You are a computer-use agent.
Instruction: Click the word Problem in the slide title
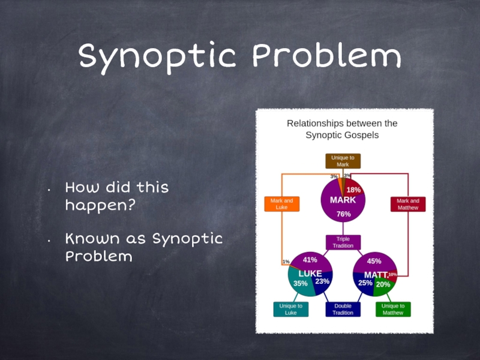pyautogui.click(x=327, y=57)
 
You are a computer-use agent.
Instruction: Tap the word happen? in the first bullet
pyautogui.click(x=100, y=205)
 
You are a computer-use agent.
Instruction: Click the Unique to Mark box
pyautogui.click(x=343, y=161)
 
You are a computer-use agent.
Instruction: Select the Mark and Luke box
pyautogui.click(x=281, y=204)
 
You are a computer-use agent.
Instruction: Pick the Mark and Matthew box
pyautogui.click(x=407, y=204)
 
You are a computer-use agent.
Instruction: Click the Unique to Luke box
pyautogui.click(x=290, y=309)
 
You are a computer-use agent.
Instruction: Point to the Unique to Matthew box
pyautogui.click(x=393, y=309)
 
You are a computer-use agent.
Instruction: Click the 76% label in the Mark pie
pyautogui.click(x=343, y=214)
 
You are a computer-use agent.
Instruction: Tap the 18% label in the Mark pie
pyautogui.click(x=353, y=190)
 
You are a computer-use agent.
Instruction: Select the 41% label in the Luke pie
pyautogui.click(x=310, y=260)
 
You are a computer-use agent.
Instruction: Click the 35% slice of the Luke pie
pyautogui.click(x=300, y=284)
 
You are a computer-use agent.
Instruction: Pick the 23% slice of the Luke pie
pyautogui.click(x=322, y=281)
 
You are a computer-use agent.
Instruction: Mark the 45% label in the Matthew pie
pyautogui.click(x=374, y=261)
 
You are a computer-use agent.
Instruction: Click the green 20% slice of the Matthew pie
pyautogui.click(x=383, y=284)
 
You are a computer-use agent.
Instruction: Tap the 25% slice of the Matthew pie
pyautogui.click(x=365, y=283)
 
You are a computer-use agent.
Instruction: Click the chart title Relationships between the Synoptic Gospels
pyautogui.click(x=342, y=129)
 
